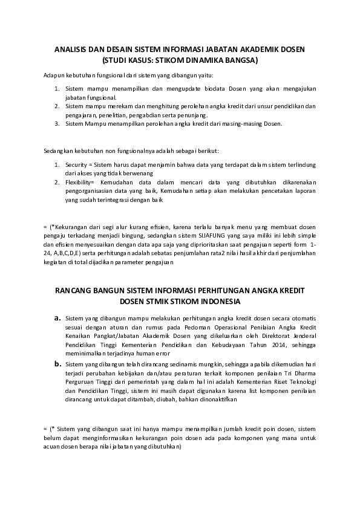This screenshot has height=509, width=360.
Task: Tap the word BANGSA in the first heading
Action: (x=240, y=60)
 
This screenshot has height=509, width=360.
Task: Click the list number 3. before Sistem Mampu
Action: (x=57, y=123)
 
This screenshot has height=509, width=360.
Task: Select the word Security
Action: (x=76, y=164)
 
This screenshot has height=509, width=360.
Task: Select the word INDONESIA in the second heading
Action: (x=217, y=300)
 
